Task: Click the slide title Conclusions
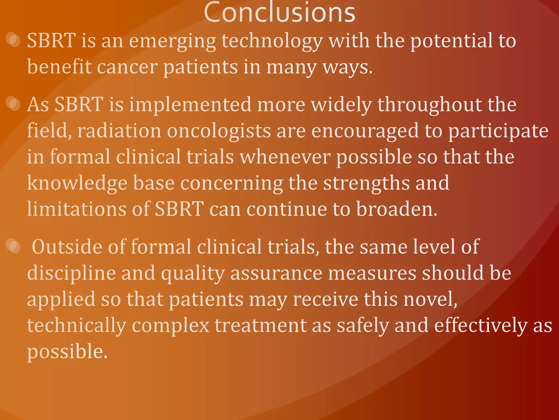(x=279, y=12)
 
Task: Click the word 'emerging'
(x=172, y=41)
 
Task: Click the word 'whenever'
(x=285, y=157)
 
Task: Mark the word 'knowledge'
(x=77, y=183)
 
